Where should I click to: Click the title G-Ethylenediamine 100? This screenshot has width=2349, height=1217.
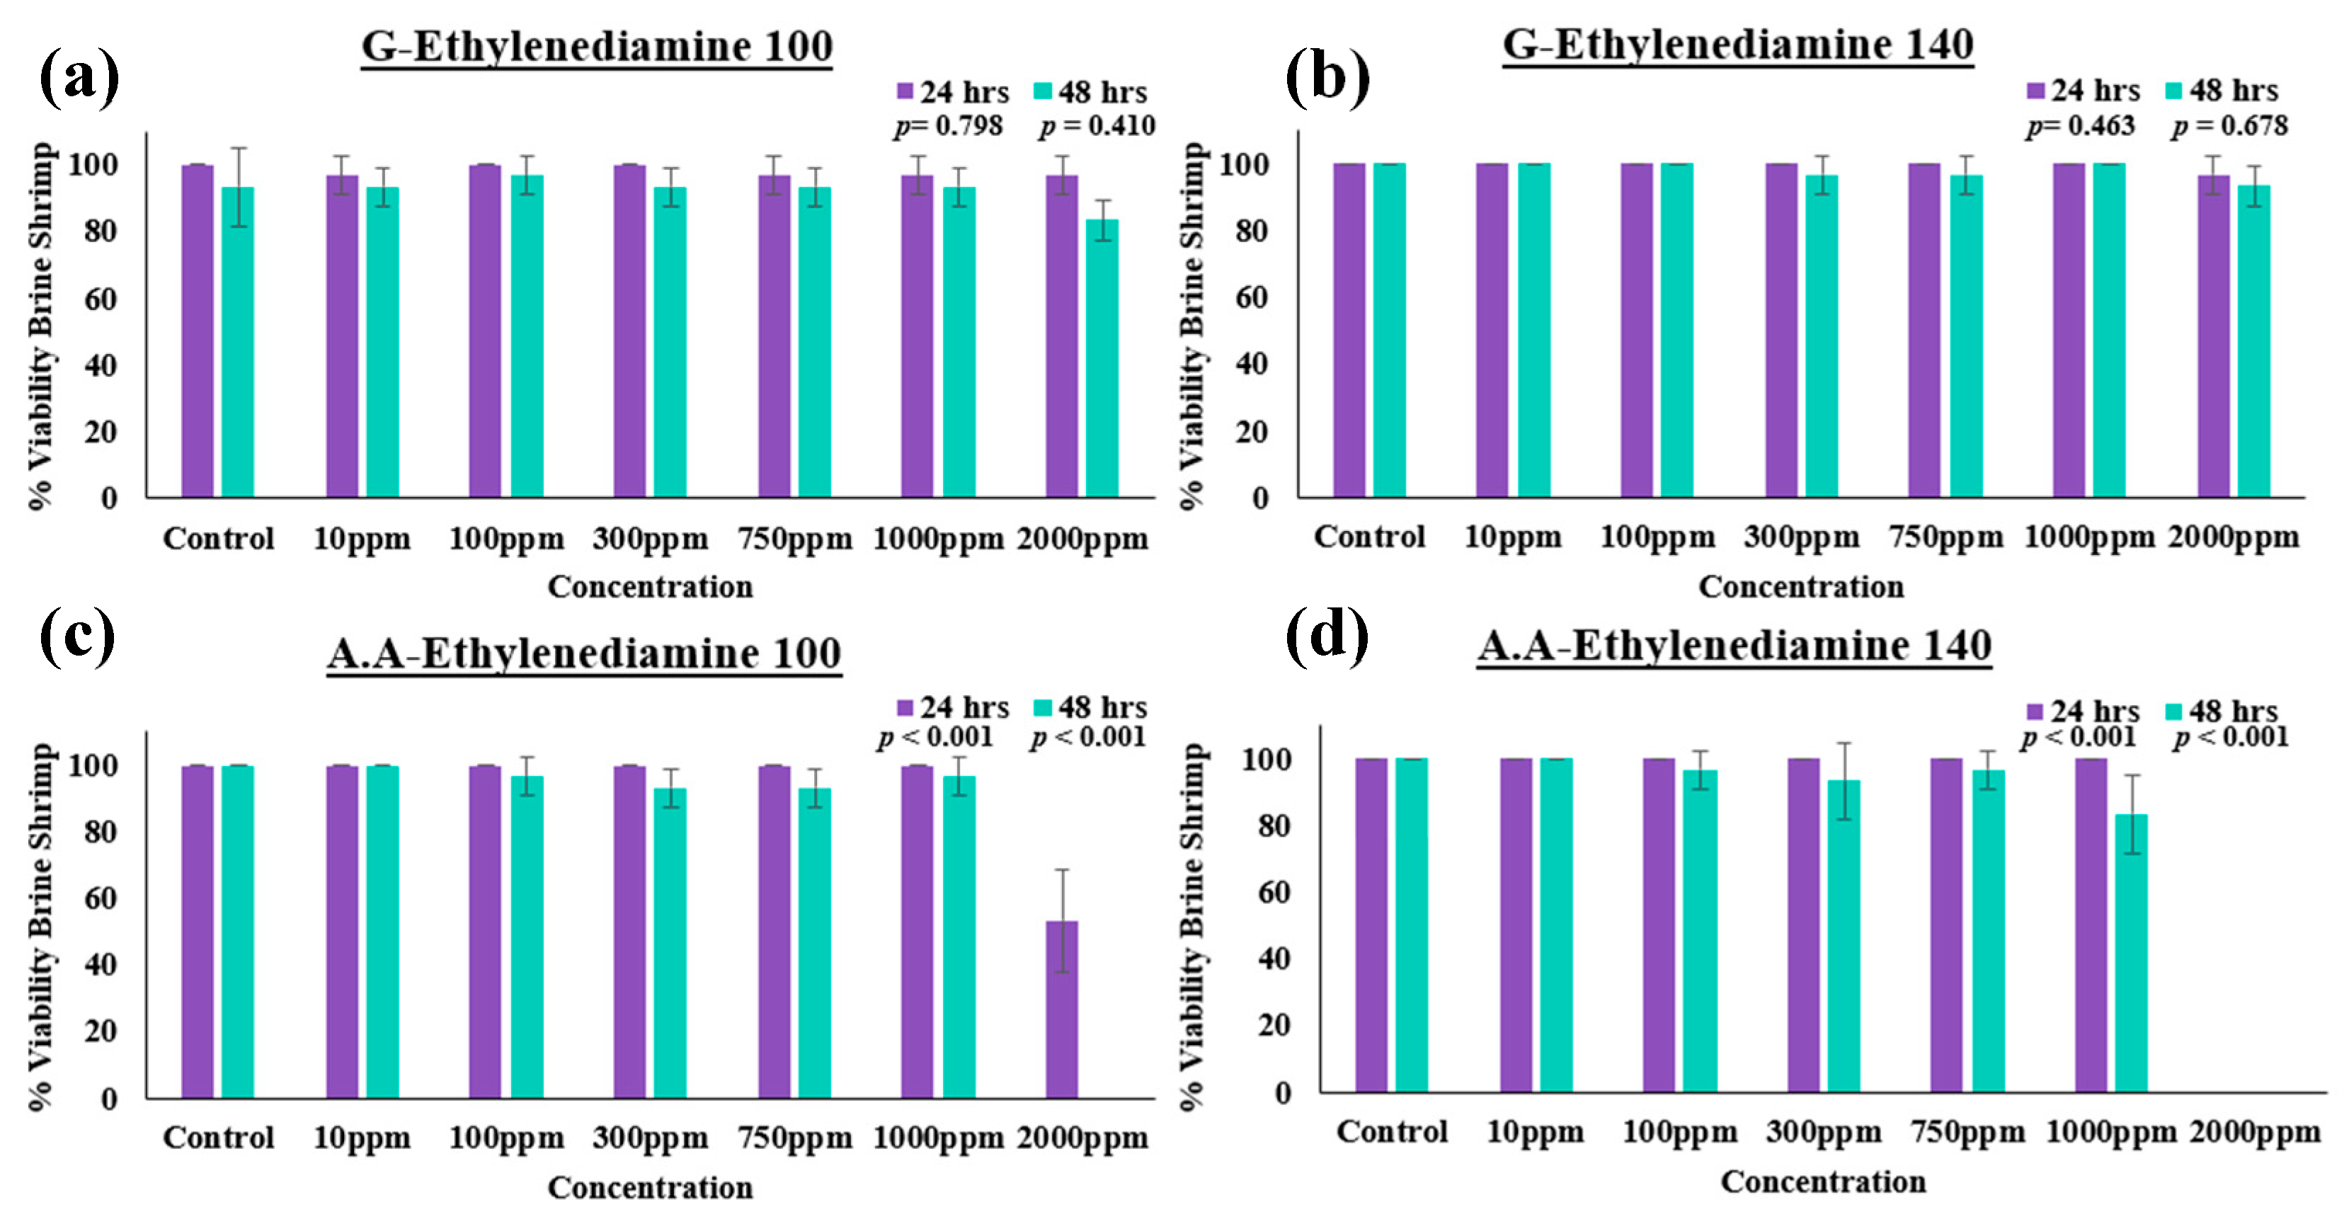[598, 47]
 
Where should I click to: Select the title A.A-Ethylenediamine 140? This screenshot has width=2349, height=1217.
[1734, 646]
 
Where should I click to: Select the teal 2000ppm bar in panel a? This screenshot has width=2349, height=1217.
[1102, 358]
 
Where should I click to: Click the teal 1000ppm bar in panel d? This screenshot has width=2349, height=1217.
[2131, 953]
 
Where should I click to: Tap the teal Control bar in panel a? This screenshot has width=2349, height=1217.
[238, 342]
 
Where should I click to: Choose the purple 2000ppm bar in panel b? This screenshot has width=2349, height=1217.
[2213, 336]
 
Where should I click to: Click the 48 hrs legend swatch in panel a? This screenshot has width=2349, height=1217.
[1044, 91]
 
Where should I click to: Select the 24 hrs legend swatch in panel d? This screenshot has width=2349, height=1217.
[2035, 711]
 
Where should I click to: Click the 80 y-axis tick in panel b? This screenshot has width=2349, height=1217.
[1252, 231]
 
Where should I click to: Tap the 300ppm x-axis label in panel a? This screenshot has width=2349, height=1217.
[650, 539]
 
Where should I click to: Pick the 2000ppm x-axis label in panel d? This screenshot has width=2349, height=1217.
[2255, 1132]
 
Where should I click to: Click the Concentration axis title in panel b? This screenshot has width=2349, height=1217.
[1801, 586]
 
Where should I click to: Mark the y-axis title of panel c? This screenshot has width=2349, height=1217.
[41, 927]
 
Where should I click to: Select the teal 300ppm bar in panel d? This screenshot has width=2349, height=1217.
[1844, 936]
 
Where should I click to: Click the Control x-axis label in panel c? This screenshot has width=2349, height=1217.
[219, 1137]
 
